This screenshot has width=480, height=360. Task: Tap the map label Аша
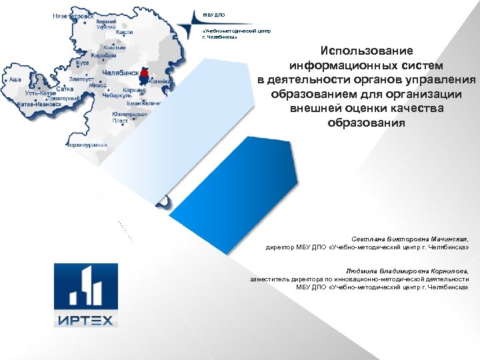point(14,79)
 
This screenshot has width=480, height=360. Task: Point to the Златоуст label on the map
point(79,79)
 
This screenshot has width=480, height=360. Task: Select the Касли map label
point(124,32)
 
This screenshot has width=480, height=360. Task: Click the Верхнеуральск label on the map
point(87,144)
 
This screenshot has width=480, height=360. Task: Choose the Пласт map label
point(120,121)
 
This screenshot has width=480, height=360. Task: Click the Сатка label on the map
point(65,88)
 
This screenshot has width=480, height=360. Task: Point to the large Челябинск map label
point(120,72)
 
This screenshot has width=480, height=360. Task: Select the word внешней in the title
point(316,108)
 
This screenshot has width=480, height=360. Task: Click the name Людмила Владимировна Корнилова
point(407,271)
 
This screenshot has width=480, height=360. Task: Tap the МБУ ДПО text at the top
point(209,15)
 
